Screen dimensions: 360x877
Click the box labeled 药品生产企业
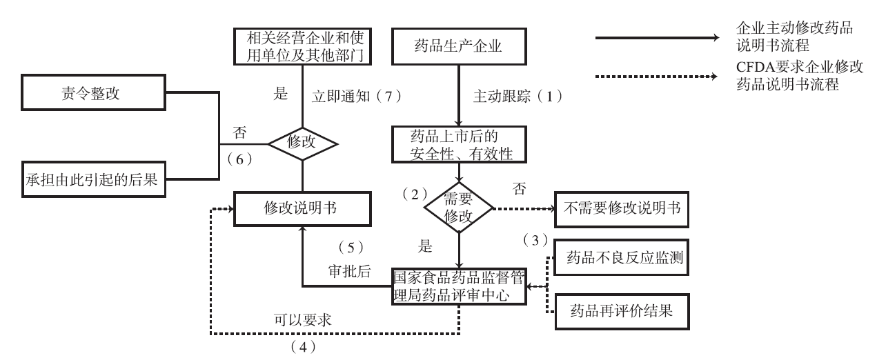458,48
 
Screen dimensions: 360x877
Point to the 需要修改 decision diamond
458,206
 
